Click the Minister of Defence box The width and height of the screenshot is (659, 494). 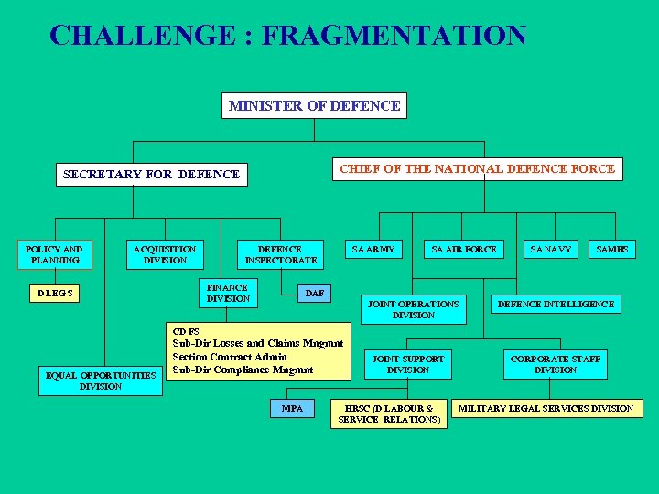(x=314, y=105)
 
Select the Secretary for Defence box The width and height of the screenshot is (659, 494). (x=151, y=174)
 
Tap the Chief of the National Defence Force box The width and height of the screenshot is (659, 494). (x=478, y=169)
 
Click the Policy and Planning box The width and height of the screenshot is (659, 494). (x=54, y=254)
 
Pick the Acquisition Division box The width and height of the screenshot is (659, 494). (x=165, y=254)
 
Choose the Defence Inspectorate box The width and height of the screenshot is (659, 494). (x=280, y=254)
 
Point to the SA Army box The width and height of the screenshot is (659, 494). (x=373, y=249)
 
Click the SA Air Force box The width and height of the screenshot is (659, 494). (x=463, y=249)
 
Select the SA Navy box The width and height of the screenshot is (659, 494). (x=550, y=249)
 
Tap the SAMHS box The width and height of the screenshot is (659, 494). (x=611, y=249)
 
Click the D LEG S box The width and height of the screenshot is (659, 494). (x=55, y=293)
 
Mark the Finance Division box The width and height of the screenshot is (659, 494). (x=228, y=293)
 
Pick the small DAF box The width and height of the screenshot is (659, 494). (x=314, y=293)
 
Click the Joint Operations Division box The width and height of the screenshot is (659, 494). (x=413, y=309)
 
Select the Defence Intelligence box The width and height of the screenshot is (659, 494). (x=556, y=304)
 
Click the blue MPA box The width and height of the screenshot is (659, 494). (x=292, y=408)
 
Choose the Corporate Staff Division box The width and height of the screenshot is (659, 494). (x=556, y=364)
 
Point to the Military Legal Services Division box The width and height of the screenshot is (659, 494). (x=546, y=408)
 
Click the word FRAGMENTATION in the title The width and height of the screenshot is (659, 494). (x=394, y=36)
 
